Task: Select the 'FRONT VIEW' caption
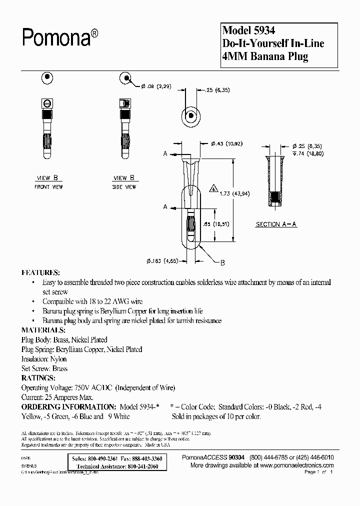(x=48, y=187)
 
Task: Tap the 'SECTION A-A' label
(x=275, y=224)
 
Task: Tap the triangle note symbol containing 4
(x=213, y=189)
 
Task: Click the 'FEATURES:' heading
(x=40, y=273)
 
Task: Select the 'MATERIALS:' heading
(x=43, y=330)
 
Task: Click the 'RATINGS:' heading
(x=38, y=378)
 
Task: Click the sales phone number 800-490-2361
(x=103, y=458)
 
